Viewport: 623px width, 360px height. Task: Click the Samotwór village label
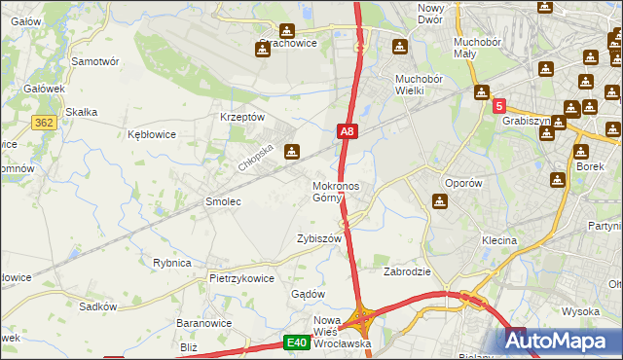pyautogui.click(x=95, y=60)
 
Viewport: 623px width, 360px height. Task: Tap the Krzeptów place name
pyautogui.click(x=243, y=117)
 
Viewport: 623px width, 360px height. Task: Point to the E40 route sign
pyautogui.click(x=297, y=342)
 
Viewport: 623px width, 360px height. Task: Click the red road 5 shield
pyautogui.click(x=498, y=107)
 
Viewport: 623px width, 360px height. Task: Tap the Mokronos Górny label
pyautogui.click(x=335, y=192)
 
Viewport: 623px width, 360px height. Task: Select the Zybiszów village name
pyautogui.click(x=319, y=238)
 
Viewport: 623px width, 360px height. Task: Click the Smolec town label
pyautogui.click(x=222, y=201)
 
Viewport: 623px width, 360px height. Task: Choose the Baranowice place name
pyautogui.click(x=202, y=322)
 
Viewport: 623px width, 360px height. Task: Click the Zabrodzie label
pyautogui.click(x=407, y=272)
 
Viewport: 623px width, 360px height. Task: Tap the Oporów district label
pyautogui.click(x=462, y=183)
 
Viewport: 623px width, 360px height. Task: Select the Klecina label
pyautogui.click(x=498, y=240)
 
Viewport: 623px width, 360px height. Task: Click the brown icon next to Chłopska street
pyautogui.click(x=291, y=152)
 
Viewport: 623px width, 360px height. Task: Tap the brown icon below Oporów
pyautogui.click(x=439, y=201)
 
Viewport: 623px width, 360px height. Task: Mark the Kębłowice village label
pyautogui.click(x=152, y=135)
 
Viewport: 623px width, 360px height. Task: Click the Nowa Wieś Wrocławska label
pyautogui.click(x=342, y=332)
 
